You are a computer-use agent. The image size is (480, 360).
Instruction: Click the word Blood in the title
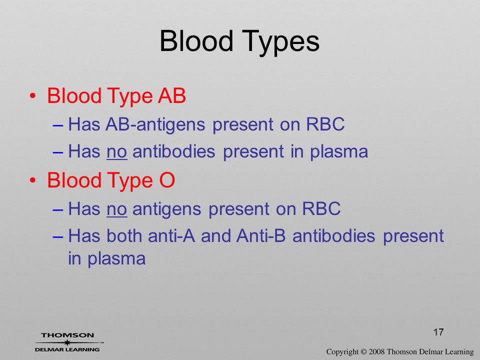tap(196, 40)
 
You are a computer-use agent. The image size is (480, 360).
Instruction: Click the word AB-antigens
tap(155, 124)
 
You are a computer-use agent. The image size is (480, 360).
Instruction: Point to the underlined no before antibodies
tap(116, 152)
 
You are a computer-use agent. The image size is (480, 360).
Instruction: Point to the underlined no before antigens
tap(116, 209)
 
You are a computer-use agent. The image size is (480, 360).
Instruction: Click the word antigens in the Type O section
tap(167, 209)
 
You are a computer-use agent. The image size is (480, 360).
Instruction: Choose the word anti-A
tap(171, 235)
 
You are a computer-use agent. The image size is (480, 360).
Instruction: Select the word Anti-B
tap(261, 235)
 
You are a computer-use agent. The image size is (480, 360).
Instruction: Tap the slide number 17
tap(438, 332)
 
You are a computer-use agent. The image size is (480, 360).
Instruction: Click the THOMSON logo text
tap(67, 335)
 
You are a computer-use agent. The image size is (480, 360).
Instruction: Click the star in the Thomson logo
tap(67, 342)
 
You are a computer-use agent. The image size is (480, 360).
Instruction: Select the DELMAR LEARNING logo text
tap(67, 349)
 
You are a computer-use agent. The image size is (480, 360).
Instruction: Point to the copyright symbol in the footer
tap(363, 352)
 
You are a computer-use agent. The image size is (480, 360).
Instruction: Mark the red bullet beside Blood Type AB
tap(33, 96)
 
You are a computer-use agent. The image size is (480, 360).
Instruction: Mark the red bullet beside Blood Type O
tap(33, 180)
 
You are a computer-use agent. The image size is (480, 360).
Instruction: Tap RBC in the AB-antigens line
tap(325, 124)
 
